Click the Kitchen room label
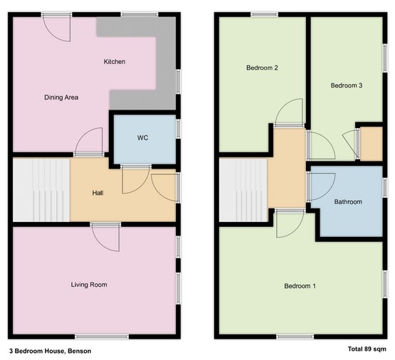point(115,62)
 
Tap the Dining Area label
point(61,97)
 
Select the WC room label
point(142,138)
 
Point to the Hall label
point(98,193)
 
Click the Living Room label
point(89,285)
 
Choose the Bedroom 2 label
point(262,68)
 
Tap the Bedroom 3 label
point(347,85)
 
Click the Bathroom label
point(348,201)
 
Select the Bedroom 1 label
point(300,286)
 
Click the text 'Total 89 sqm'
point(367,349)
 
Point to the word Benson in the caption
point(80,351)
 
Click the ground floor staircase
point(41,190)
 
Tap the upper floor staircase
point(243,190)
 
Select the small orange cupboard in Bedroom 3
point(372,144)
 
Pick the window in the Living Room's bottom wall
point(102,337)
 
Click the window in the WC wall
point(178,129)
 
